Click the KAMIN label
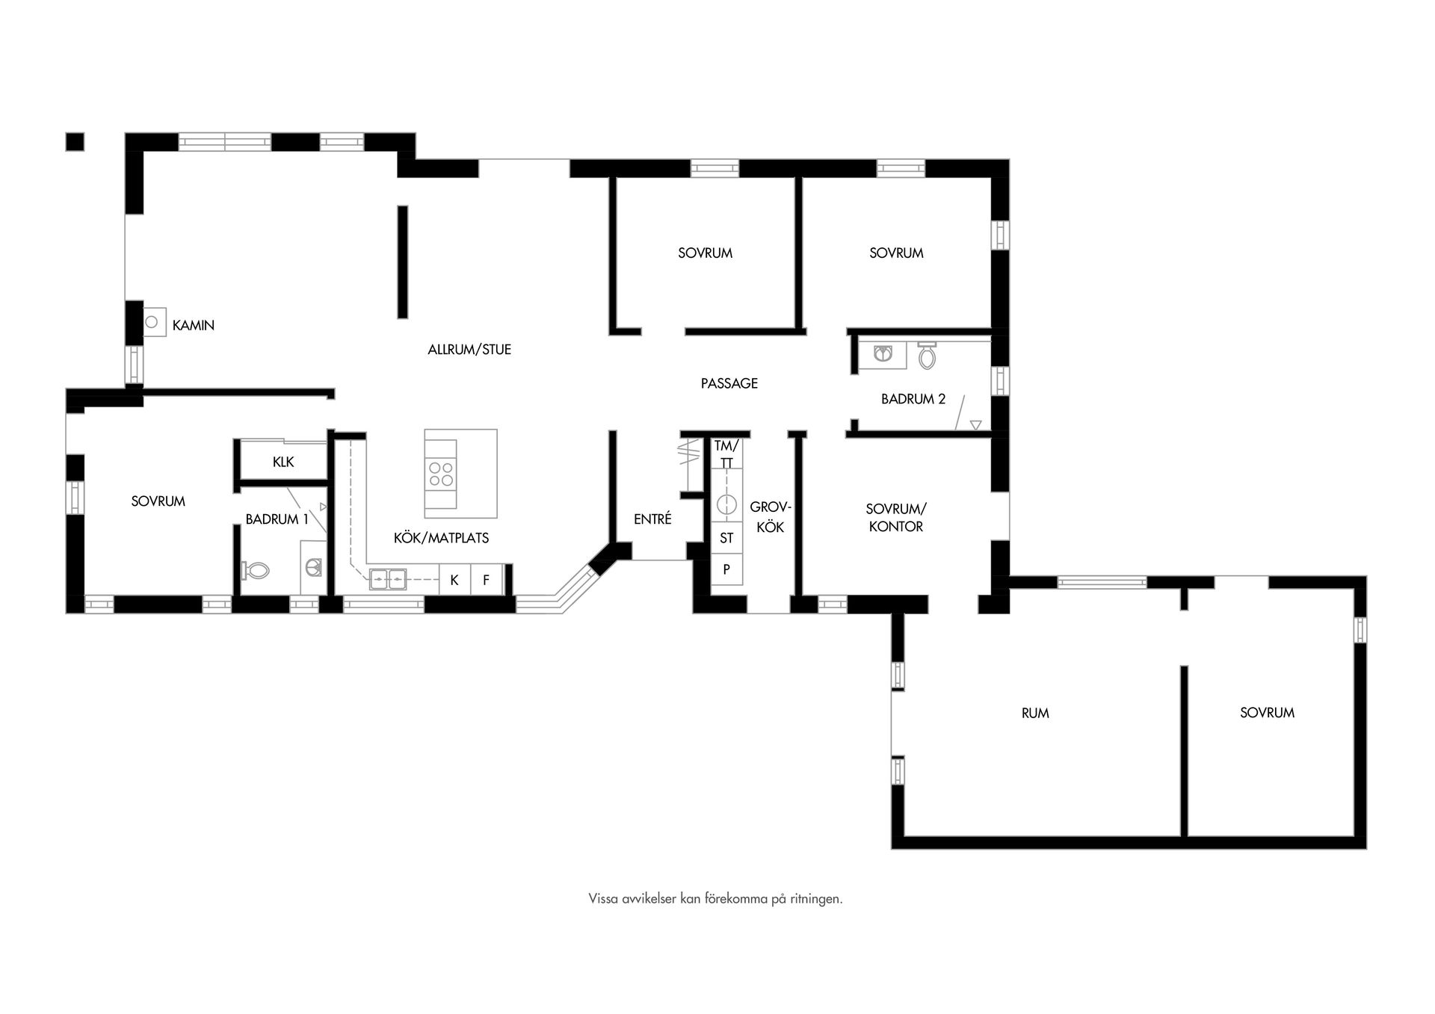click(193, 325)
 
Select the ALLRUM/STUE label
click(469, 349)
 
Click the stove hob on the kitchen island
click(440, 474)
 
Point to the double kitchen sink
click(388, 578)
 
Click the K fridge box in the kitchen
click(454, 580)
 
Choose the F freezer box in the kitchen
click(486, 580)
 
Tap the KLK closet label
click(283, 462)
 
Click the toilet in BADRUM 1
click(256, 572)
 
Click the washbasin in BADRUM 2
click(884, 353)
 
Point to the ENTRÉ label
click(652, 519)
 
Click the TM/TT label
click(726, 454)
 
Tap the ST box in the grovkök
click(726, 538)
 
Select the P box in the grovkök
click(726, 569)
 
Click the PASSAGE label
click(729, 383)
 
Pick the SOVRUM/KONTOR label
click(895, 517)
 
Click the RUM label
click(1035, 713)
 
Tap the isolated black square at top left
click(75, 141)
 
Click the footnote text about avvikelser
click(715, 899)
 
